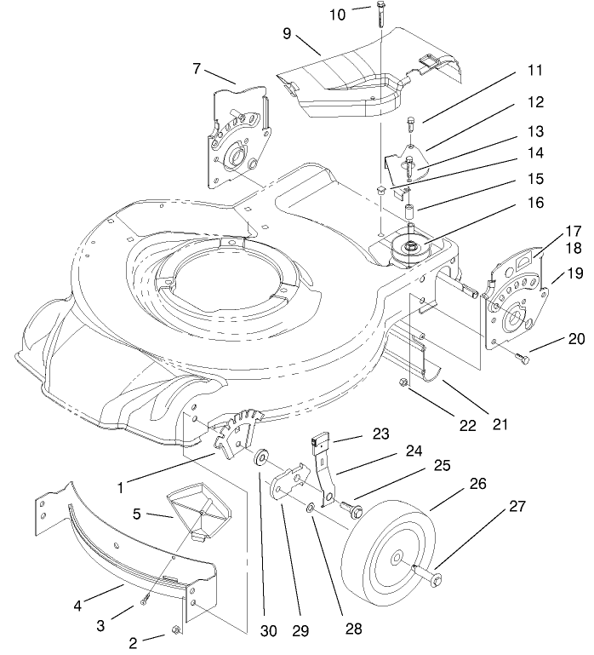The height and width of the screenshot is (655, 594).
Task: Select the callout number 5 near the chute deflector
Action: [x=136, y=515]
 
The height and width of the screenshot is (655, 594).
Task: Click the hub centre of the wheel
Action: [x=398, y=558]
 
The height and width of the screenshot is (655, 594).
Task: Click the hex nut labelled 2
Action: [x=174, y=629]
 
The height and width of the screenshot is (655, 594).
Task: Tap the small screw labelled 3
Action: [x=146, y=601]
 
